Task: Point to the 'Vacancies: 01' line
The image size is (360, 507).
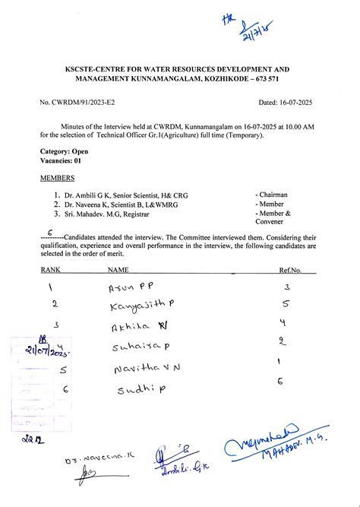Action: (61, 161)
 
